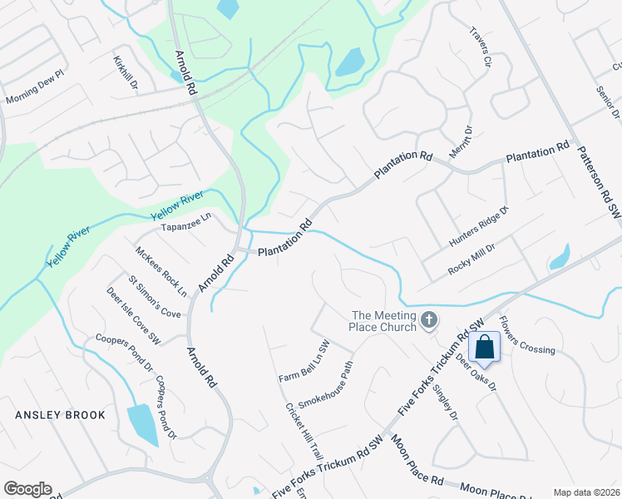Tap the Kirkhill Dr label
[x=127, y=72]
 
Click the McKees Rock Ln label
[x=161, y=271]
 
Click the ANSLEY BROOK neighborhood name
[x=59, y=414]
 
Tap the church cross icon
[x=429, y=319]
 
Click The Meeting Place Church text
[x=384, y=320]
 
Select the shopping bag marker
[x=484, y=346]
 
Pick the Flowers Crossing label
[x=526, y=334]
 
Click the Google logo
[x=27, y=489]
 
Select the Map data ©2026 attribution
[x=585, y=492]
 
